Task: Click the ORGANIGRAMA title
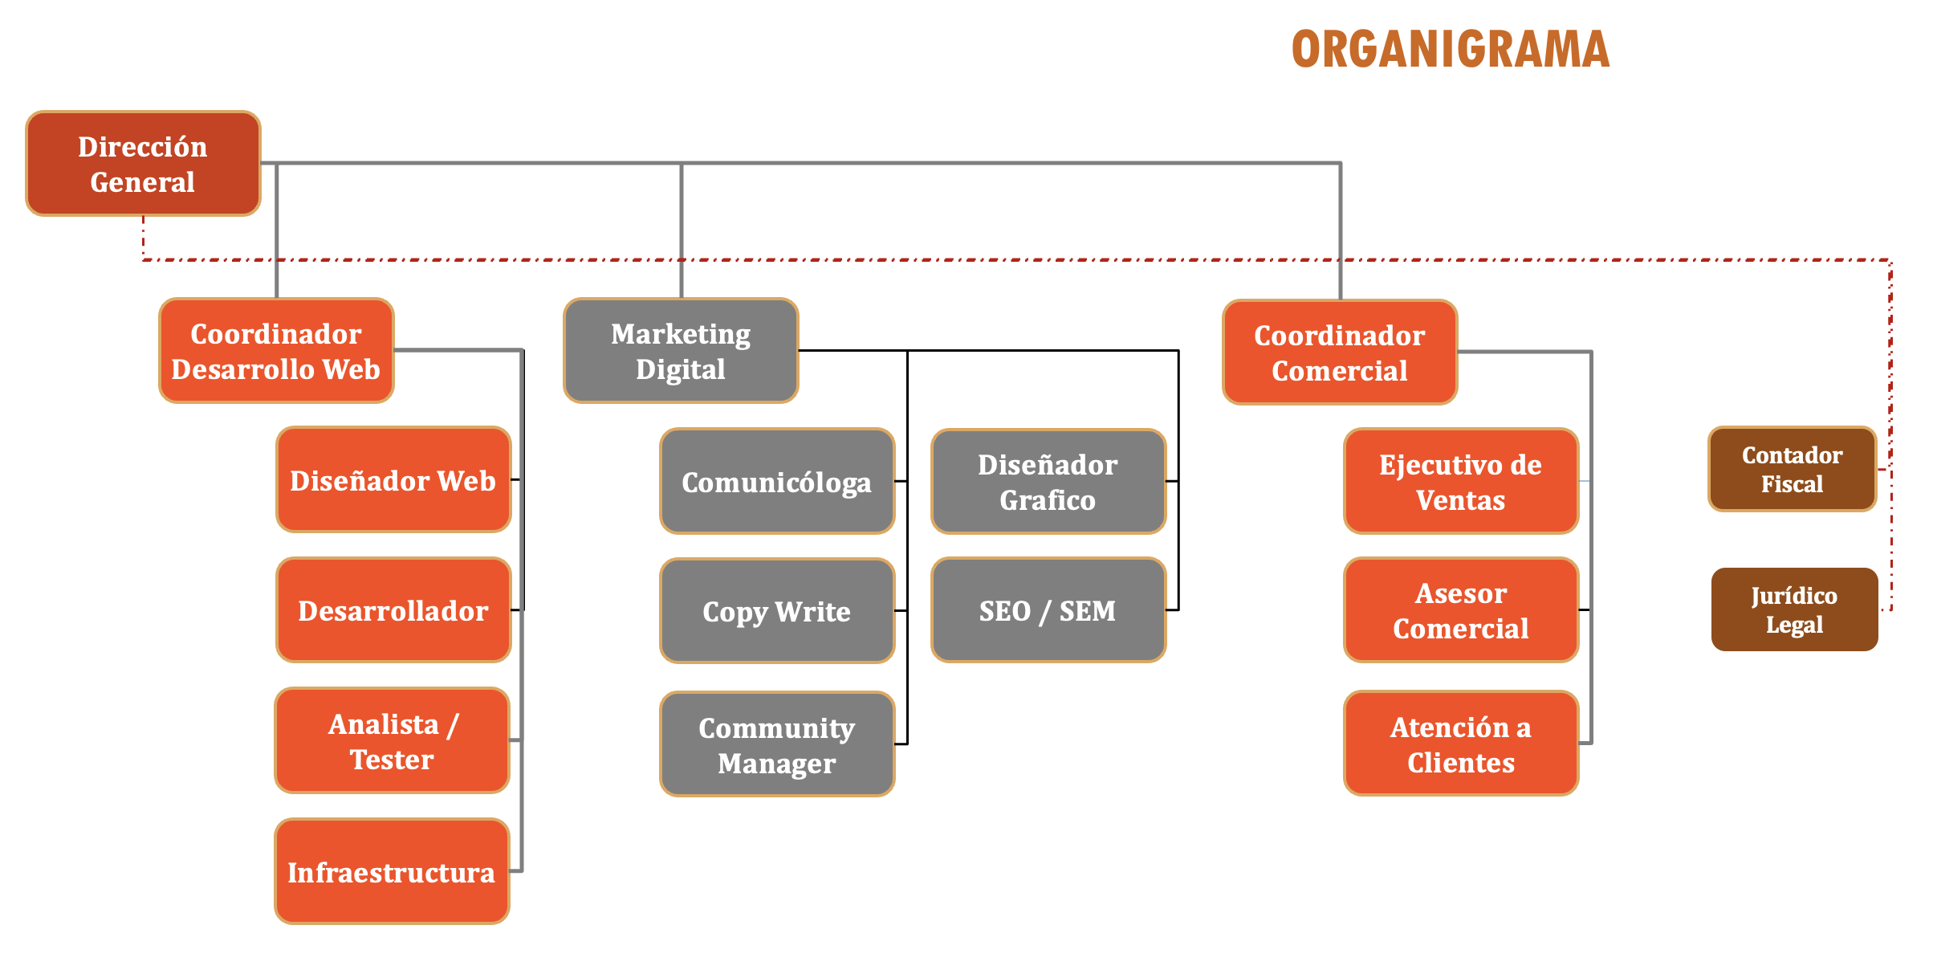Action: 1450,50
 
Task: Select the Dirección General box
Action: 143,164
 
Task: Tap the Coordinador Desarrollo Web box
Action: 276,351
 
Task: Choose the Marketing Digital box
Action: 681,351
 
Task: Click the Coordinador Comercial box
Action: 1339,353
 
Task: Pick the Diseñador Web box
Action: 393,480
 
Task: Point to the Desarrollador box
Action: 393,610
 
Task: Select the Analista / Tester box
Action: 392,741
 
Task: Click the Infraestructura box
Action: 392,872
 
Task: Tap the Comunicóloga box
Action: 776,482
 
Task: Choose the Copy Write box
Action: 776,611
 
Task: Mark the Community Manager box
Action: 776,744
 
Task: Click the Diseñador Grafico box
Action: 1048,482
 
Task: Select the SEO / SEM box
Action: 1048,610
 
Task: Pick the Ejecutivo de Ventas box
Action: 1460,482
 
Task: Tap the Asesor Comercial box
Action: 1460,610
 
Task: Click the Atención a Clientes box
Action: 1460,744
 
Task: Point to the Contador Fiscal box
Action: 1792,470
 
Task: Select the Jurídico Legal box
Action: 1794,609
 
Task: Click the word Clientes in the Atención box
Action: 1461,763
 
